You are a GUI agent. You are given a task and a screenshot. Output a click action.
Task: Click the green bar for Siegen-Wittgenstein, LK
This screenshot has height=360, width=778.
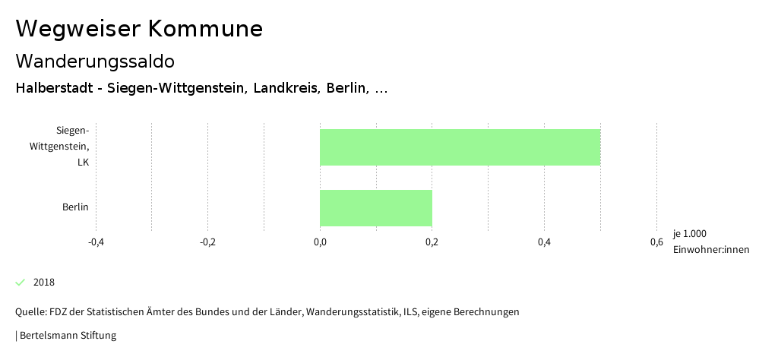click(x=460, y=147)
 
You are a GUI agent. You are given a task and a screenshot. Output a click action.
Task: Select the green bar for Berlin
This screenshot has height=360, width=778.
click(x=376, y=207)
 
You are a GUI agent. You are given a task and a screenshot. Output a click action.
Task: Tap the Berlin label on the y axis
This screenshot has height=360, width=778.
click(x=75, y=207)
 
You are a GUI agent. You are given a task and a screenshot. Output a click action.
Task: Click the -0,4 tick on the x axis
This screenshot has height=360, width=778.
click(x=96, y=242)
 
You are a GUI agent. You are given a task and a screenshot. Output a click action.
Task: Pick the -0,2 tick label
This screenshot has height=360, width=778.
click(x=207, y=242)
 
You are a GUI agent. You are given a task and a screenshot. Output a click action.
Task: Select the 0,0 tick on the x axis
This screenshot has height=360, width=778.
click(x=320, y=242)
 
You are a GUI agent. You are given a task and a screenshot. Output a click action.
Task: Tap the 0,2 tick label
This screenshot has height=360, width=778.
click(x=432, y=242)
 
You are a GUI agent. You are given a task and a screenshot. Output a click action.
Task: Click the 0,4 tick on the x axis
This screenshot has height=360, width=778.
click(x=544, y=242)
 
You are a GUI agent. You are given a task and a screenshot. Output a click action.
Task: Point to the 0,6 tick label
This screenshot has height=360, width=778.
click(x=656, y=242)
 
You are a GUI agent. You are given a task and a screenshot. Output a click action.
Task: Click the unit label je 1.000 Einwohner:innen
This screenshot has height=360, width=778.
click(x=710, y=242)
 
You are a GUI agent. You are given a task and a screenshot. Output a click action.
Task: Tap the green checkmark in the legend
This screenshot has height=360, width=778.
click(x=21, y=283)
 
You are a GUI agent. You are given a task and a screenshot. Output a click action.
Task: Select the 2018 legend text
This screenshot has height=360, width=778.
click(x=44, y=283)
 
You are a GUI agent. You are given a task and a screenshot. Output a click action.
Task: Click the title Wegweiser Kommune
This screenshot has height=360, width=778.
click(x=139, y=29)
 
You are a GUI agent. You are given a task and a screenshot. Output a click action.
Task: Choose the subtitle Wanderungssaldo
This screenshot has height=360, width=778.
click(x=95, y=61)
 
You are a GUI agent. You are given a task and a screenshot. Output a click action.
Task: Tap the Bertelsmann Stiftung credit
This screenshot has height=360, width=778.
click(x=68, y=335)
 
